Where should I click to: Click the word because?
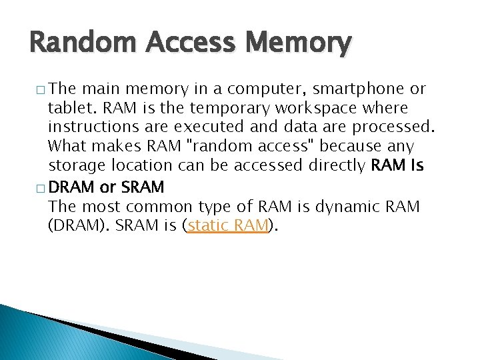coord(351,146)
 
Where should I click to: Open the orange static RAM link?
coord(227,226)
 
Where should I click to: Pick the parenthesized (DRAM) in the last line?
coord(79,226)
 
